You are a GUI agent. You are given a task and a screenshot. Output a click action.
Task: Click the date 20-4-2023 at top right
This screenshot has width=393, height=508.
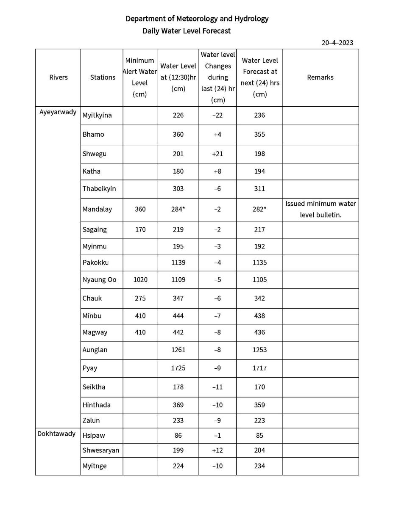click(337, 42)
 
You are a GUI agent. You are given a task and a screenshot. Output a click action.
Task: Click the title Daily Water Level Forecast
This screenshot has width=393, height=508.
click(187, 31)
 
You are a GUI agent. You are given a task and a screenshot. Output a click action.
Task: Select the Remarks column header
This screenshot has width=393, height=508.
click(320, 77)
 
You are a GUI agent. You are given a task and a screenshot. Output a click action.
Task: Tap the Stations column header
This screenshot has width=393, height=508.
click(103, 77)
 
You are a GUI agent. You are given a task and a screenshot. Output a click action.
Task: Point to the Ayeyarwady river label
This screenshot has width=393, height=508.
click(58, 112)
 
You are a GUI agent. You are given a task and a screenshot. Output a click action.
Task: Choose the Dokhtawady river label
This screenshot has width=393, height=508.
click(56, 433)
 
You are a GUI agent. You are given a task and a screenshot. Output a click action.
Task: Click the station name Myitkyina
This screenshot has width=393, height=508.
click(97, 115)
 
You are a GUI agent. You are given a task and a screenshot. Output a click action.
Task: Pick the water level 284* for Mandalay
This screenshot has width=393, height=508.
click(178, 209)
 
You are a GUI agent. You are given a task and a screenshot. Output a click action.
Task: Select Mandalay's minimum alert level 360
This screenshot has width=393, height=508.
click(140, 209)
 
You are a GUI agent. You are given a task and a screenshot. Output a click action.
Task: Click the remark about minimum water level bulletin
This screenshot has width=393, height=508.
click(321, 209)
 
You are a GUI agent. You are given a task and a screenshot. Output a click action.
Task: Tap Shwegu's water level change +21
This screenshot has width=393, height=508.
click(217, 154)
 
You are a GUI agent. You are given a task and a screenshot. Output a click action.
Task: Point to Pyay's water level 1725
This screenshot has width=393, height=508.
click(178, 368)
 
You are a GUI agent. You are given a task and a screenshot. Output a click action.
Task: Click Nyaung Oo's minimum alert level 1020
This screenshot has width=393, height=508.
click(140, 280)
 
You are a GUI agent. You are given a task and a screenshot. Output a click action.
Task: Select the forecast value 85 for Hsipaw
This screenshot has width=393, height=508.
click(259, 435)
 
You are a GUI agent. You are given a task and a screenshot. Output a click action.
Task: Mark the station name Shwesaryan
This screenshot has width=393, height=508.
click(101, 450)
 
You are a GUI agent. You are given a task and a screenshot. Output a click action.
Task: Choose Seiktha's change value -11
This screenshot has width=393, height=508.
click(217, 387)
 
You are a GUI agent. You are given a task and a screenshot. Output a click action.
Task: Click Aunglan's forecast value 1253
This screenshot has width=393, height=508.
click(259, 350)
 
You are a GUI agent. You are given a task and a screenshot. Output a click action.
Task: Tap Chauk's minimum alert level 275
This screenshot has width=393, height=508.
click(140, 298)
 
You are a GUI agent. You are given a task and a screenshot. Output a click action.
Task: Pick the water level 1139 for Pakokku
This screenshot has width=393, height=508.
click(178, 262)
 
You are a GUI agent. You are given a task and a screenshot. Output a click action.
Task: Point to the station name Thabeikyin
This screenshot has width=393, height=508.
click(100, 189)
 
